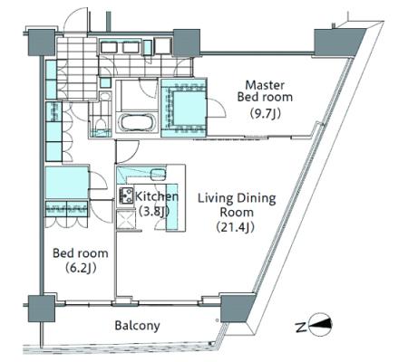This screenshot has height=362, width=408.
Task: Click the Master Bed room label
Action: [x=265, y=91]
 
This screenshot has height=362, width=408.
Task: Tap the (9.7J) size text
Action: [x=266, y=113]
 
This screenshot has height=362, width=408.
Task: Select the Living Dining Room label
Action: [x=237, y=205]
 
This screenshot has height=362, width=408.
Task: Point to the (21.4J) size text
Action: [x=236, y=227]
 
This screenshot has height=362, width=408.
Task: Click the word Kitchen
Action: [x=157, y=196]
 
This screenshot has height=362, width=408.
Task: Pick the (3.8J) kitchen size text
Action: [x=153, y=211]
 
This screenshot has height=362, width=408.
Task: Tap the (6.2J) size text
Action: [x=81, y=268]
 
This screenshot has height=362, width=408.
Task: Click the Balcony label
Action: [x=137, y=326]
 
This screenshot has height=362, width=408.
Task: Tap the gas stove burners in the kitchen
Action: [x=126, y=195]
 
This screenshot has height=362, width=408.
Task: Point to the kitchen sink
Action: [x=158, y=174]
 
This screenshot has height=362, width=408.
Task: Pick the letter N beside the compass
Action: [x=300, y=327]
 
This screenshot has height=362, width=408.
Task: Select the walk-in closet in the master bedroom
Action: [x=184, y=108]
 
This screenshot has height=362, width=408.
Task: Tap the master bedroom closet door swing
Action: [x=217, y=108]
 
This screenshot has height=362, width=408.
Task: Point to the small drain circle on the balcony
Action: [x=217, y=319]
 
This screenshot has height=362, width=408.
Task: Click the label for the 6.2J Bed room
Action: [x=81, y=253]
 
